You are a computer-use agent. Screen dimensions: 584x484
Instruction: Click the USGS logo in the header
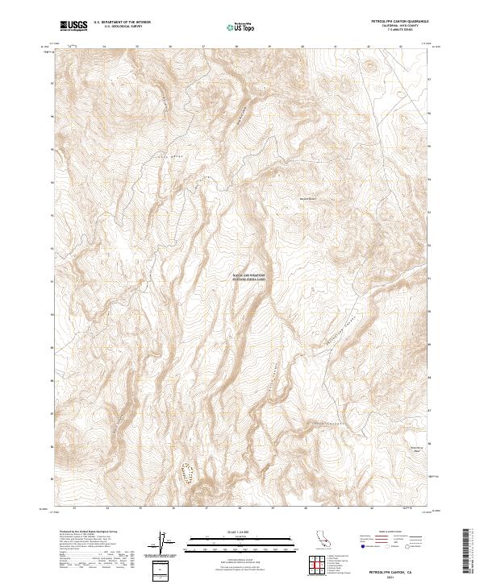(x=73, y=26)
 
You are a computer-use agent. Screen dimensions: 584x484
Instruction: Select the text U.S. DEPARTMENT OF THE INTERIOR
(x=122, y=23)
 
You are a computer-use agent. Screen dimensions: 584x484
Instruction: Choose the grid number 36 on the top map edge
(x=170, y=47)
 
